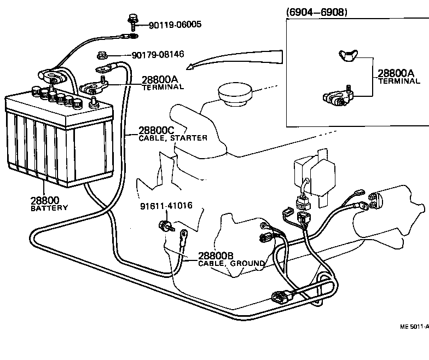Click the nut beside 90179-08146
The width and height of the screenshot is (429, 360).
[101, 55]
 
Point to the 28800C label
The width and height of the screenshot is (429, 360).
[156, 131]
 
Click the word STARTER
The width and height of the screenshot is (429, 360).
[189, 138]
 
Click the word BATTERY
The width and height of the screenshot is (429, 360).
[49, 208]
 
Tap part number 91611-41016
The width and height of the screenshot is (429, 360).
[166, 206]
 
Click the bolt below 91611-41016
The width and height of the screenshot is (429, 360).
[164, 225]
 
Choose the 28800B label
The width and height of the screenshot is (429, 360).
[216, 256]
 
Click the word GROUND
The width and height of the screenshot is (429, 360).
[248, 263]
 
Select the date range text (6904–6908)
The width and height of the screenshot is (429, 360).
[316, 12]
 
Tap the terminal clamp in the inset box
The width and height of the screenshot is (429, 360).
[336, 98]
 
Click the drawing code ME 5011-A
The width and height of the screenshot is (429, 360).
[414, 327]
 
